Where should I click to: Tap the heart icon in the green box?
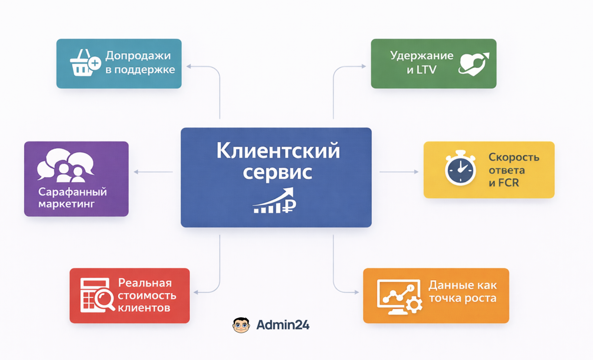pos(474,64)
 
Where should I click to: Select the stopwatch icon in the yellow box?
pos(460,168)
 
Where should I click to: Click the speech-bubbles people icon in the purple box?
pos(66,165)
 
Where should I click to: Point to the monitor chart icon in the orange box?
pos(400,297)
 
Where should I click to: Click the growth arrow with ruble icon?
pos(275,200)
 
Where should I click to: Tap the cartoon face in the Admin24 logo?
pos(241,325)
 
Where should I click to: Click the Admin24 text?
pos(283,325)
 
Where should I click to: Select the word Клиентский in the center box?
pos(278,150)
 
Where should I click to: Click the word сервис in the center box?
pos(277,173)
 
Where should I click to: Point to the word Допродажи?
pos(138,56)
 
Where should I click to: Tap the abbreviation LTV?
pos(426,70)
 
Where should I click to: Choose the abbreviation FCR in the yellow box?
pos(509,183)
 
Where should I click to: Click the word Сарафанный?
pos(73,192)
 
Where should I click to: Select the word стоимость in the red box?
pos(147,295)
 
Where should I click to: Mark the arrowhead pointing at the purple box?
pos(136,172)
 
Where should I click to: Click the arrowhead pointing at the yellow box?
pos(417,172)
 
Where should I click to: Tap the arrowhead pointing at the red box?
pos(196,292)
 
